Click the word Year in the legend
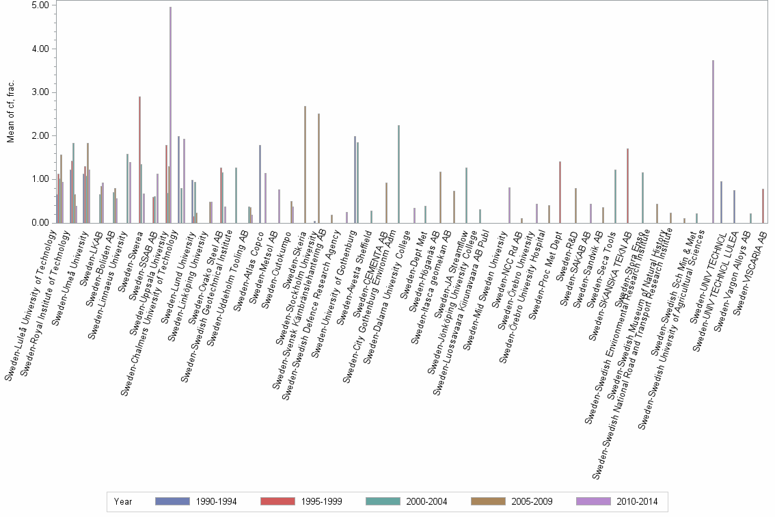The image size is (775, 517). (x=123, y=501)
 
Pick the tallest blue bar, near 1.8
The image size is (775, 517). (x=260, y=184)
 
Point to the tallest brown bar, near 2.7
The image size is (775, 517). (x=305, y=164)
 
